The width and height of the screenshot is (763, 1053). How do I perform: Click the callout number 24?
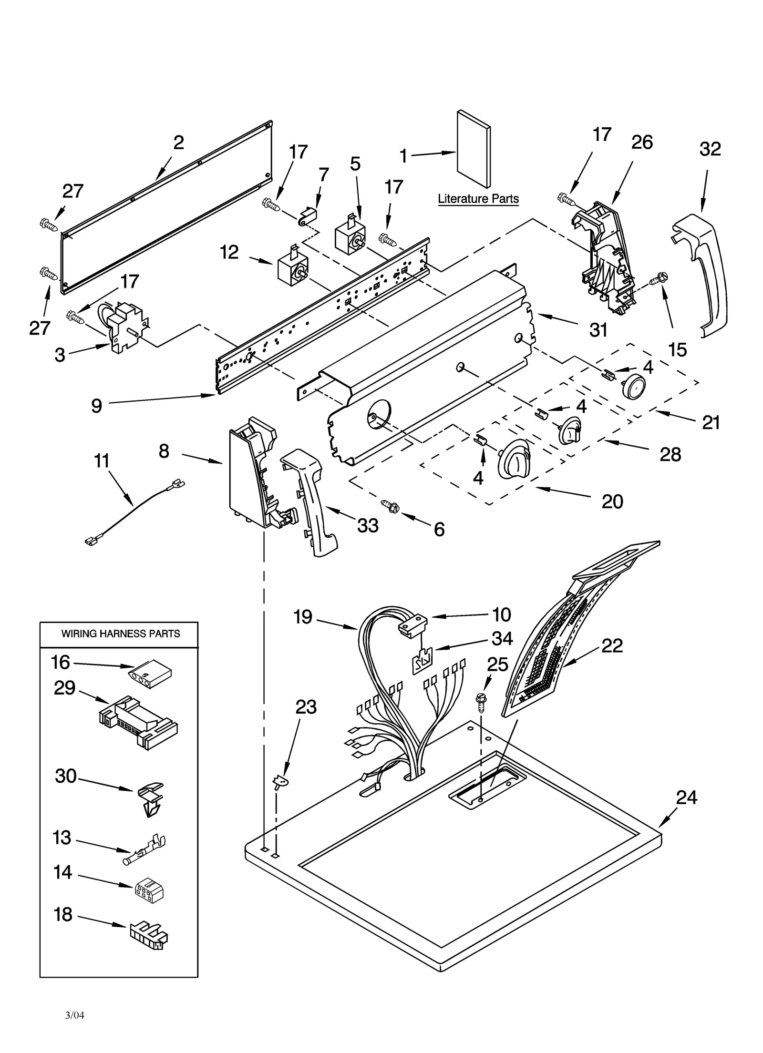coord(686,797)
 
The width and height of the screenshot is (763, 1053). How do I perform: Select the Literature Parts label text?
coord(478,199)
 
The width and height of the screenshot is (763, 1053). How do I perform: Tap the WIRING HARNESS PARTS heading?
coord(120,634)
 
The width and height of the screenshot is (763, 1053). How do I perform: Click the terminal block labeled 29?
coord(138,722)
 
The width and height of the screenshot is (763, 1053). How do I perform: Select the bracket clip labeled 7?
coord(308,215)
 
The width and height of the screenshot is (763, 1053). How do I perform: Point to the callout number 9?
coord(96,406)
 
